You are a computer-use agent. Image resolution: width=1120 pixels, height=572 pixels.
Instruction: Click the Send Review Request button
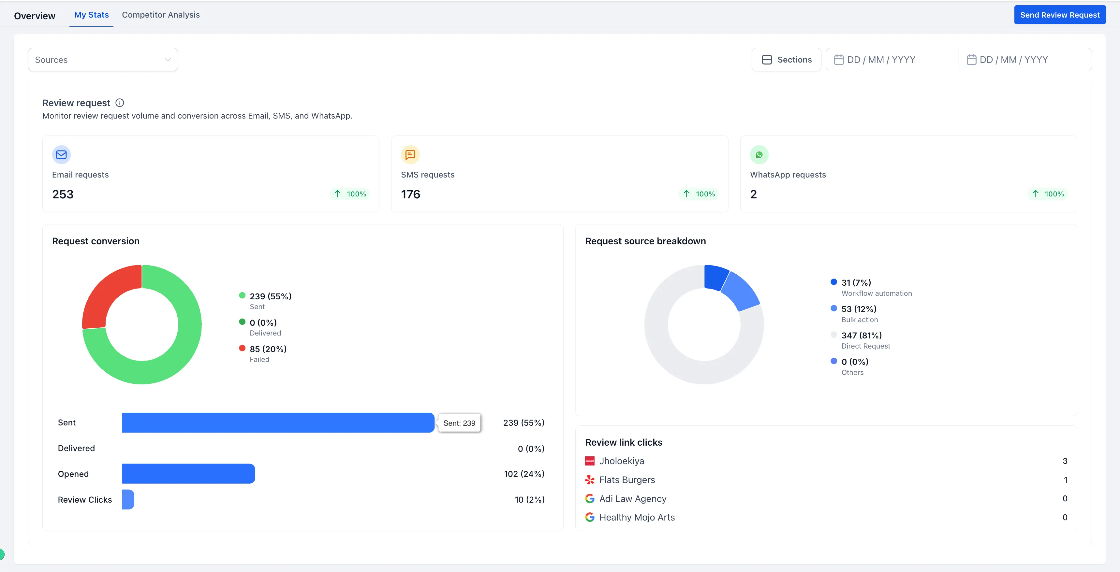pos(1060,15)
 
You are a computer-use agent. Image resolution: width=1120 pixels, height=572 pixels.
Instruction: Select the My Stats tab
pos(91,15)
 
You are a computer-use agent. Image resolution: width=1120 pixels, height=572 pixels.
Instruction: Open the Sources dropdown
pos(103,60)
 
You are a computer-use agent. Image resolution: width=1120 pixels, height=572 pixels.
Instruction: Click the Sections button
pos(786,60)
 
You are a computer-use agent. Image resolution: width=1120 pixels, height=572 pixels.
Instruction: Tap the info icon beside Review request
pos(120,103)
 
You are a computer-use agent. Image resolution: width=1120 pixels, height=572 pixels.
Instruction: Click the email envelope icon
pos(61,155)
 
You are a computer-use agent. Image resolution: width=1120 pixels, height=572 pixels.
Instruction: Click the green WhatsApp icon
pos(759,155)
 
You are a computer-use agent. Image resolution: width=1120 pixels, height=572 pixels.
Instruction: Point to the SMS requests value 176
pos(410,194)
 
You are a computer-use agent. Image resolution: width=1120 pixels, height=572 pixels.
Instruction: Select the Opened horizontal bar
pos(188,474)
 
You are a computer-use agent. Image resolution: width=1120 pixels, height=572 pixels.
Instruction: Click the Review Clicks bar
pos(128,499)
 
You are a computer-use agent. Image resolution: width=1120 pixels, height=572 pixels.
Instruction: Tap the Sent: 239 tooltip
pos(459,423)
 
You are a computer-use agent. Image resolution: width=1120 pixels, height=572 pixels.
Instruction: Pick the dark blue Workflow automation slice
pos(715,277)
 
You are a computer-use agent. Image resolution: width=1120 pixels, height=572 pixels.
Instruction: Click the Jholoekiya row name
pos(621,461)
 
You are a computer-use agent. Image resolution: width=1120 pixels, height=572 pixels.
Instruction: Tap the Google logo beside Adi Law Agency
pos(590,498)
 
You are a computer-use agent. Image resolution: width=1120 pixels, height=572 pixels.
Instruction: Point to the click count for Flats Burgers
pos(1065,480)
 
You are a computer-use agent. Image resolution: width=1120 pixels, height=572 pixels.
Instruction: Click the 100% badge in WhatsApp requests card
pos(1048,194)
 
